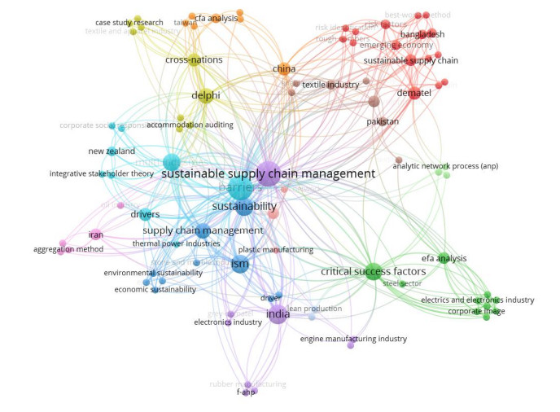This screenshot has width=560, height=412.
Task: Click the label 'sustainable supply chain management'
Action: tap(268, 173)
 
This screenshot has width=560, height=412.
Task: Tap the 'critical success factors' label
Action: tap(370, 271)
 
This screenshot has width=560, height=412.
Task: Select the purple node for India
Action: tap(278, 315)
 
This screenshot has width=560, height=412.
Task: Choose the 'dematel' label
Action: tap(414, 93)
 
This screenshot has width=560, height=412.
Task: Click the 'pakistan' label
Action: tap(383, 121)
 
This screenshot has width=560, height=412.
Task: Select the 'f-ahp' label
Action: tap(247, 392)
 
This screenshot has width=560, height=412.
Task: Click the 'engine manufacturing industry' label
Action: tap(353, 339)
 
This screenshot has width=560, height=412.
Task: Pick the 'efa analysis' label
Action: tap(444, 258)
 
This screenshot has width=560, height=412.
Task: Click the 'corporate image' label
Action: tap(476, 311)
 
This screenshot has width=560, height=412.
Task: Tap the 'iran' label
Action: tap(95, 235)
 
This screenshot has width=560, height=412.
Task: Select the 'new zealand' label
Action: tap(112, 151)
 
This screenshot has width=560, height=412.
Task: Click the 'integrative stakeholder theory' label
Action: tap(102, 173)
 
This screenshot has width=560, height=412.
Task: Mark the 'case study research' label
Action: tap(129, 22)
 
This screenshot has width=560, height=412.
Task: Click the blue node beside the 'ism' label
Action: tap(239, 264)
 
